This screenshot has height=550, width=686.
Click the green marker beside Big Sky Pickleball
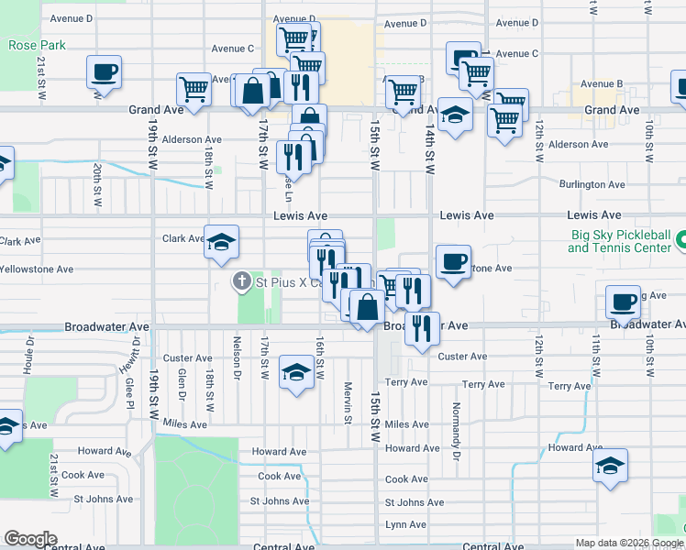pos(680,241)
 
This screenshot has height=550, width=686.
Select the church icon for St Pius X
pos(242,282)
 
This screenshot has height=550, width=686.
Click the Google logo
pos(30,538)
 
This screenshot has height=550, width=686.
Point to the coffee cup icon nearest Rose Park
pos(105,72)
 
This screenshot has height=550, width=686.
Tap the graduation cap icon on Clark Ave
pos(221,243)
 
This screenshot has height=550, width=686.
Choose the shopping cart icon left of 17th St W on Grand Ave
pos(194,90)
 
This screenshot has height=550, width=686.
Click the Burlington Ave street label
pos(592,184)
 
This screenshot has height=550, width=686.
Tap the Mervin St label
pos(348,403)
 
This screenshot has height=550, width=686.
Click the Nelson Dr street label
pos(236,362)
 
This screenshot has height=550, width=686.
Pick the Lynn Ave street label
pos(407,524)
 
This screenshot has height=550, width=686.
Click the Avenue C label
pos(232,49)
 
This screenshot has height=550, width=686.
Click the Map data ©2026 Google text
pos(628,543)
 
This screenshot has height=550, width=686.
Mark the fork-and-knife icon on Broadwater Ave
pos(421,328)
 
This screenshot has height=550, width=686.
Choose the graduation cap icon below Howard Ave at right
pos(610,467)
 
